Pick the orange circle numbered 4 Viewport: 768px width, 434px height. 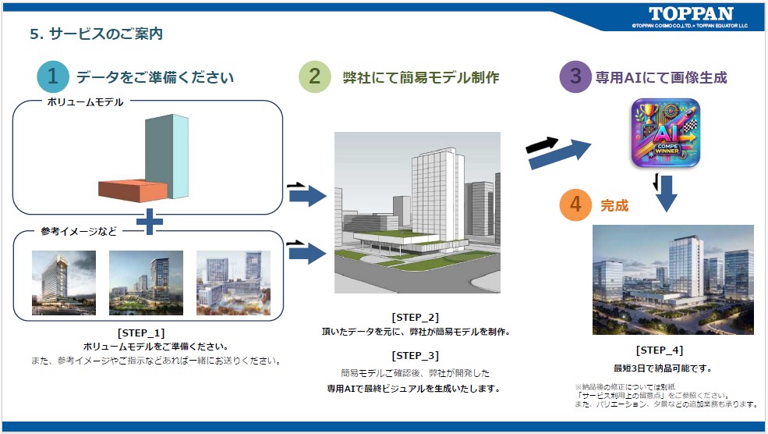pos(575,205)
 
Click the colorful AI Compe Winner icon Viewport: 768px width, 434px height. pos(665,133)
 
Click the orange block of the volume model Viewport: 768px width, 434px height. pos(133,190)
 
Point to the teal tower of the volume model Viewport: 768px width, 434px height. pos(167,156)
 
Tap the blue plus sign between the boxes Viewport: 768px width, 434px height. pos(150,222)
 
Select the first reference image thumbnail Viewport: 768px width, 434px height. pos(64,283)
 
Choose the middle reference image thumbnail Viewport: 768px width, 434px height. pos(146,283)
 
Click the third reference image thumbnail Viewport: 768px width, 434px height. pos(233,283)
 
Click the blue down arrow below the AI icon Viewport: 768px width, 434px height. pos(666,194)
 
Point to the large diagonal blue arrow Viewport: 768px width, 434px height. pos(561,155)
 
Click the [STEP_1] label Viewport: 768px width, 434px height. pos(141,333)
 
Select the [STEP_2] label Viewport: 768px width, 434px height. pos(416,317)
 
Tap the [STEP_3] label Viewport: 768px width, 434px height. pos(416,355)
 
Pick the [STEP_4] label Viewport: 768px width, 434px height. pos(660,350)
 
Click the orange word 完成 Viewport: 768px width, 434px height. pos(614,205)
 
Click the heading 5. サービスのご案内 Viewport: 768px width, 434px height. pos(97,34)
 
